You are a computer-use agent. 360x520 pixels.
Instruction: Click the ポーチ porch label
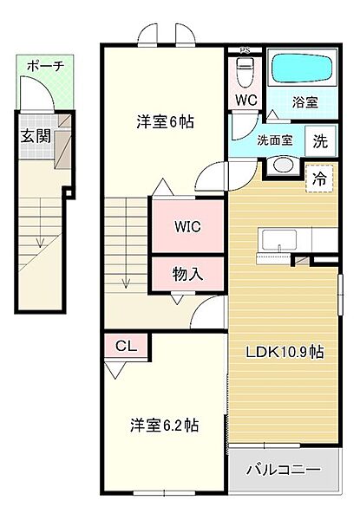click(45, 67)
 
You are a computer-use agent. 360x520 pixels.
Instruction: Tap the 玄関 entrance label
click(36, 136)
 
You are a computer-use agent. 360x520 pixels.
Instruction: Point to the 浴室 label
click(305, 102)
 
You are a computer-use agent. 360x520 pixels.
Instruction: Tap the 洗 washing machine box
click(320, 141)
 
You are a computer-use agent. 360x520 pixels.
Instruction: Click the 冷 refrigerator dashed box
click(319, 179)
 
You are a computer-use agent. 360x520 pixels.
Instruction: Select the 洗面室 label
click(275, 140)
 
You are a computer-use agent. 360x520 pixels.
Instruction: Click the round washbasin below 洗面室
click(284, 165)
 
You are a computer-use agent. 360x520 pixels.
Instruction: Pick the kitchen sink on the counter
click(279, 240)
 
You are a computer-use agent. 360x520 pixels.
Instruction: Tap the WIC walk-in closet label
click(187, 227)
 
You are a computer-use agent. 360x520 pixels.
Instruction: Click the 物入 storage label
click(187, 274)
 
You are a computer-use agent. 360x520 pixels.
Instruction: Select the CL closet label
click(126, 346)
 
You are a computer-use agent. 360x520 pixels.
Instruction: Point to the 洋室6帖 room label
click(166, 122)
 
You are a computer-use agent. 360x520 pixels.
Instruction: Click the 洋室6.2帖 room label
click(165, 426)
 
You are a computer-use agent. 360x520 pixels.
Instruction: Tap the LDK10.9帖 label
click(285, 352)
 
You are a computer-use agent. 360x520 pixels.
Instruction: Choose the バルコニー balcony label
click(284, 470)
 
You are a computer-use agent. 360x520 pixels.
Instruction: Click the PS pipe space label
click(245, 50)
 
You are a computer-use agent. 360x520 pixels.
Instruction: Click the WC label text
click(246, 100)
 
